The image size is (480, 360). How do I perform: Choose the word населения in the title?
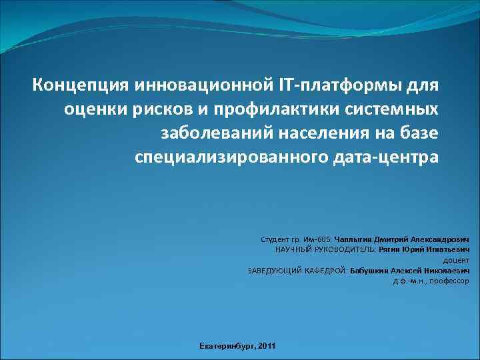pyautogui.click(x=323, y=133)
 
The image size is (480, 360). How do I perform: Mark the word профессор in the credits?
pyautogui.click(x=449, y=281)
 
